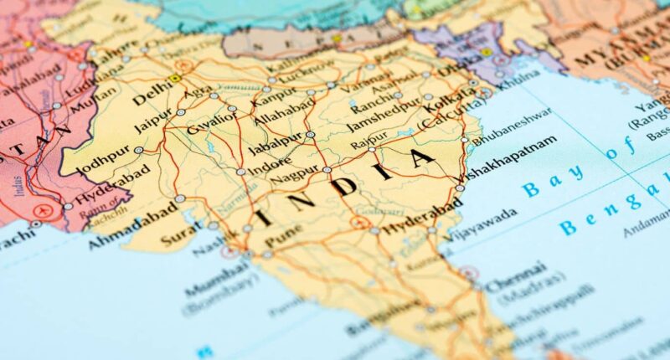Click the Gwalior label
(x=212, y=122)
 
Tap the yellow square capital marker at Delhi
(x=174, y=79)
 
